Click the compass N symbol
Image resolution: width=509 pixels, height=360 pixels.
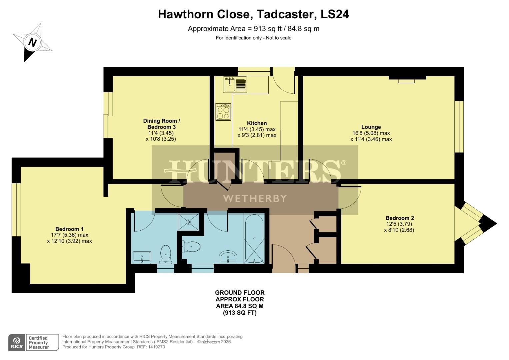(32, 42)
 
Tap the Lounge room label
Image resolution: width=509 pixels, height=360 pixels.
(371, 127)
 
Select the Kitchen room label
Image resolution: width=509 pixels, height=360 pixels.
(257, 123)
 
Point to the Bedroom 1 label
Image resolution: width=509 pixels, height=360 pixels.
(69, 229)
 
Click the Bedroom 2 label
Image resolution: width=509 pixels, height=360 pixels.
(399, 218)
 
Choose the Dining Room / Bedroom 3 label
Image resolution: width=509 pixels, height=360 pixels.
(161, 124)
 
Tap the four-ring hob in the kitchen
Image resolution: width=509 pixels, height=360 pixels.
(223, 112)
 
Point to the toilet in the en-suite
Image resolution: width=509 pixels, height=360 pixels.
(166, 253)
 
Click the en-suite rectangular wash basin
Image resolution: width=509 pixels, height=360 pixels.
(142, 257)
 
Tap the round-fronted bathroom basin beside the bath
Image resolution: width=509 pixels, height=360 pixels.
(228, 257)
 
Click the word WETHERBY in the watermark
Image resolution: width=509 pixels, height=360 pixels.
(255, 199)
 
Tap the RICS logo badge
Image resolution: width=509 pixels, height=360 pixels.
(16, 343)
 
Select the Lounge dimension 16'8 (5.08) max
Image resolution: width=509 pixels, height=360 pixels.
(371, 133)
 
